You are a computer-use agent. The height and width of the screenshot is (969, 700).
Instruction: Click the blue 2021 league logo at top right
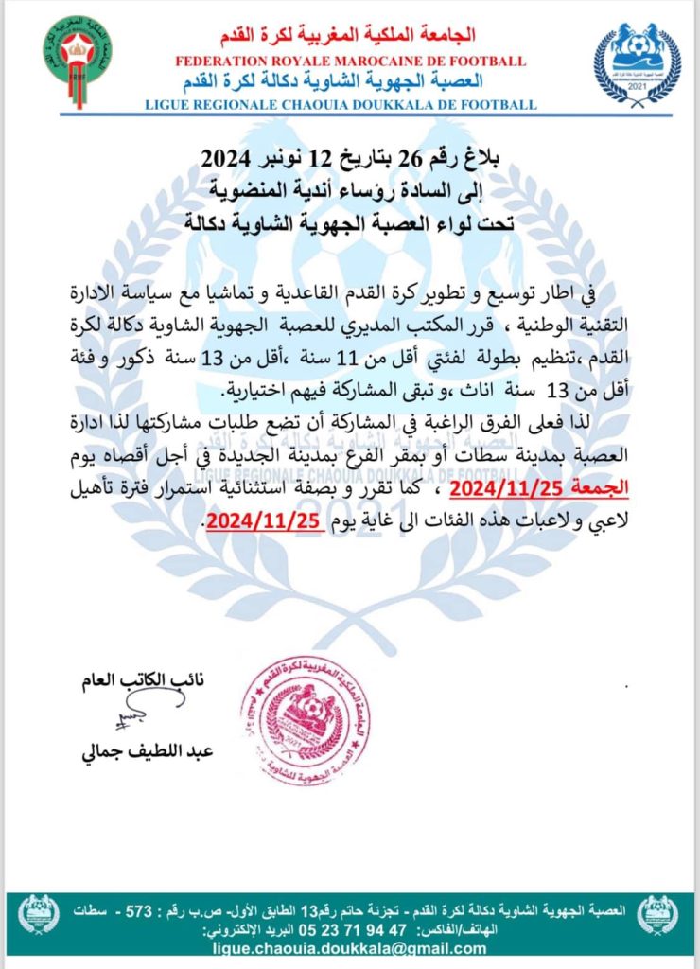tap(638, 63)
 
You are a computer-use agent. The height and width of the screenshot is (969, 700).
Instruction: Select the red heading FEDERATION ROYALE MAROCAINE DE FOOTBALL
tap(350, 62)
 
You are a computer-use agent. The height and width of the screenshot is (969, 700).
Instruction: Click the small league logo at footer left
tap(40, 915)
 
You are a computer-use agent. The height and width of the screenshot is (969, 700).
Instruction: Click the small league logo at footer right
tap(656, 915)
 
